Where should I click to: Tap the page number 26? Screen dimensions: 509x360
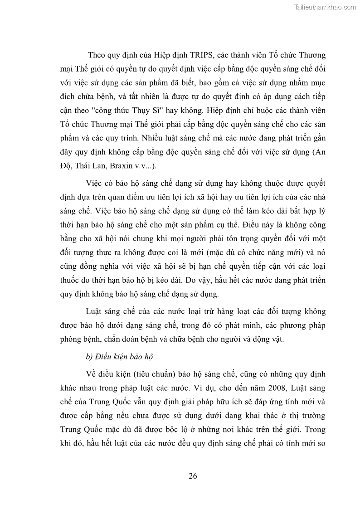[x=193, y=475]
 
